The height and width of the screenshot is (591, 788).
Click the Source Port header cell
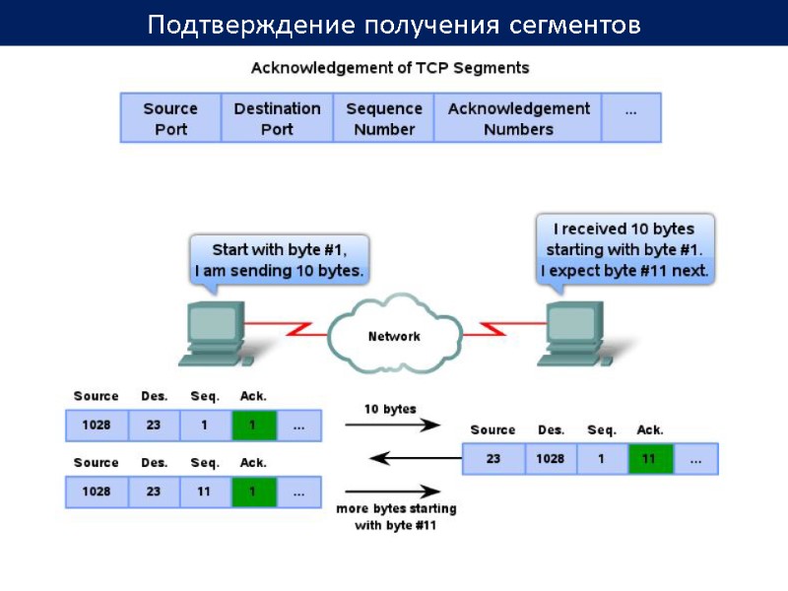tap(170, 118)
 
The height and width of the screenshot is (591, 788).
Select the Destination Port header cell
tap(277, 118)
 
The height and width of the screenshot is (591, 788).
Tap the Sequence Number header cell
tap(384, 118)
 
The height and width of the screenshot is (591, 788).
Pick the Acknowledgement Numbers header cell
tap(518, 118)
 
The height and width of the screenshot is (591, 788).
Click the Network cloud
tap(394, 336)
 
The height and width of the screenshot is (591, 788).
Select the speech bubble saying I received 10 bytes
tap(625, 249)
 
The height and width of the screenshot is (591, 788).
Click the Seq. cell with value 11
tap(205, 492)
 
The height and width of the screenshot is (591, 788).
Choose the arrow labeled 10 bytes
tap(391, 426)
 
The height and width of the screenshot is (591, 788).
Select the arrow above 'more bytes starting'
tap(391, 491)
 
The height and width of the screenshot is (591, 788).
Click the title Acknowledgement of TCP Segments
tap(390, 68)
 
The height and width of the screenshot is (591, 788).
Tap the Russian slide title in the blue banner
tap(394, 25)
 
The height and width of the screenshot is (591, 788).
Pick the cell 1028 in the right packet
tap(551, 459)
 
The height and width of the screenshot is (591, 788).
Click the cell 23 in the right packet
tap(492, 459)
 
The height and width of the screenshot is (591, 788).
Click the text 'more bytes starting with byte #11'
tap(396, 517)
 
